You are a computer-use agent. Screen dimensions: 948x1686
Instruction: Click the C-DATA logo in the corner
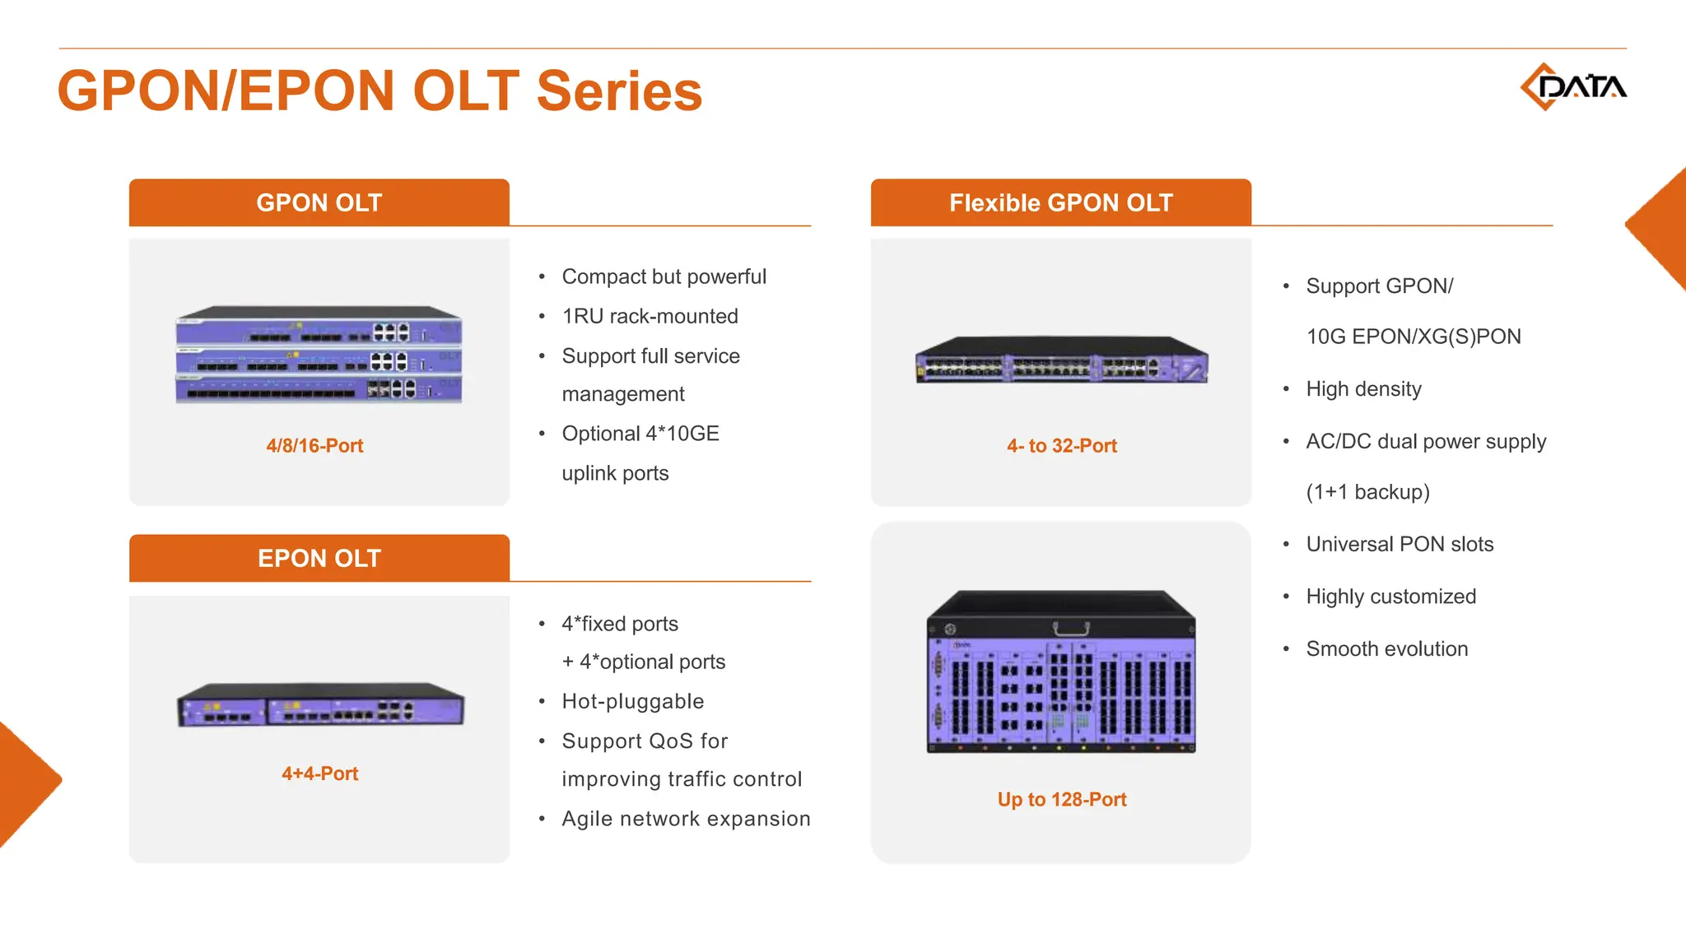pos(1572,86)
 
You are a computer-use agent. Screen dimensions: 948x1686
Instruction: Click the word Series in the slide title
pos(619,91)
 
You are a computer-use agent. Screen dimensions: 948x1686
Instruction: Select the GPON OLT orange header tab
pos(319,202)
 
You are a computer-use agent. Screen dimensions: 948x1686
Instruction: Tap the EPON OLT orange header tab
pos(319,558)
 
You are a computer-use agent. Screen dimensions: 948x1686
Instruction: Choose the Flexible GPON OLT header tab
pos(1060,202)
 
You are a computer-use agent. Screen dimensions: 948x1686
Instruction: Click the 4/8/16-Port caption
pos(314,445)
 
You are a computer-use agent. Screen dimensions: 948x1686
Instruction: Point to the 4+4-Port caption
pos(319,774)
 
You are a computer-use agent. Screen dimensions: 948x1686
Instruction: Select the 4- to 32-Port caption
pos(1061,445)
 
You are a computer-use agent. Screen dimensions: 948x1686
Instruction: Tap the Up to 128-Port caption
pos(1061,799)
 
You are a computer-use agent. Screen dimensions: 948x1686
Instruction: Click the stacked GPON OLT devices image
pos(319,355)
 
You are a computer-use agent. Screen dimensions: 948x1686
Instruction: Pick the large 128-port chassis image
pos(1061,672)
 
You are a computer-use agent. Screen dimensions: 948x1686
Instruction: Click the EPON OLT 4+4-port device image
pos(320,705)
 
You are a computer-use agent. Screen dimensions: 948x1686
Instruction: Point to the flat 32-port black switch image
pos(1061,360)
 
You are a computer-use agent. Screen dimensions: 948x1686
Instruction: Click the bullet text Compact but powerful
pos(664,276)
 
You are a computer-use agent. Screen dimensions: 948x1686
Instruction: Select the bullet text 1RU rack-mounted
pos(650,316)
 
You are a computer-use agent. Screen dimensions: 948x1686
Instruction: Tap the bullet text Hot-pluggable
pos(632,701)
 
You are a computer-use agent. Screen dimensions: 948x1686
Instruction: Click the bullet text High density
pos(1363,388)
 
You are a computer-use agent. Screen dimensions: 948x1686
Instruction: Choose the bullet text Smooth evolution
pos(1386,648)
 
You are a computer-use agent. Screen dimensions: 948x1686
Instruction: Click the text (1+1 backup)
pos(1367,492)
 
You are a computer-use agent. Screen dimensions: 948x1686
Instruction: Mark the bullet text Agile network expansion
pos(686,819)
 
